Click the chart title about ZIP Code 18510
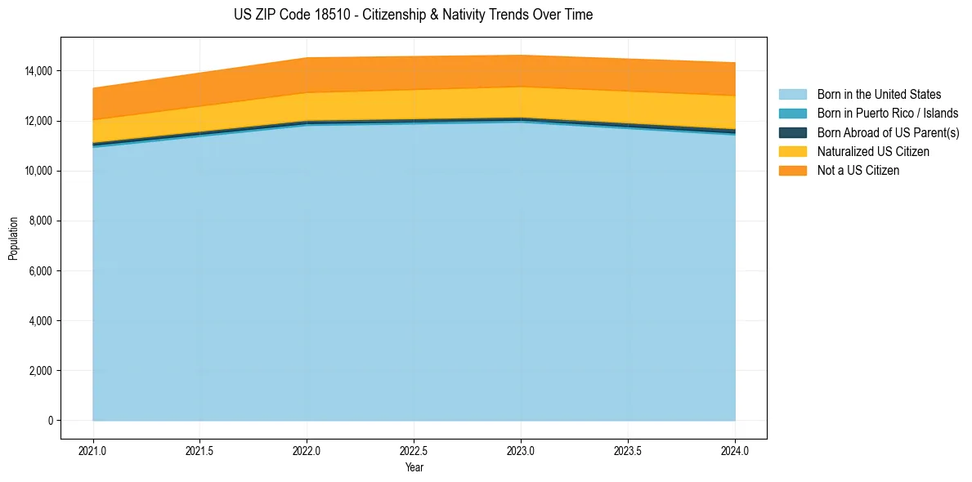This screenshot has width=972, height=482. pos(413,15)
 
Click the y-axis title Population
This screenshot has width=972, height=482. pos(13,238)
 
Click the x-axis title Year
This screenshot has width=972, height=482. pos(414,467)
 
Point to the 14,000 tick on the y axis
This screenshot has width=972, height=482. pos(38,71)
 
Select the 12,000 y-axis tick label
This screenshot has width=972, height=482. pos(38,121)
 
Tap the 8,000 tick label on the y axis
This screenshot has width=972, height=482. pos(40,221)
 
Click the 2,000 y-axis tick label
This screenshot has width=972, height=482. pos(40,371)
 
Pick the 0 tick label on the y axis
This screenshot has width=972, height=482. pos(50,421)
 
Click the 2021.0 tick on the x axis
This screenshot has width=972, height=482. pos(93,450)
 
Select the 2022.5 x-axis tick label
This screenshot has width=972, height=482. pos(414,450)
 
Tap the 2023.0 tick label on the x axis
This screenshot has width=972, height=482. pos(521,450)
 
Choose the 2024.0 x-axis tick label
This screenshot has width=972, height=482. pos(735,450)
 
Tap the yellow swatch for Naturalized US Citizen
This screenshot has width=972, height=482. pos(792,151)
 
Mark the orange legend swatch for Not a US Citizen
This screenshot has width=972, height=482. pos(792,171)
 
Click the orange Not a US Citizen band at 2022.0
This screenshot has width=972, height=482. pos(307,75)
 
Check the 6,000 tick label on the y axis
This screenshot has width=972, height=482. pos(40,271)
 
